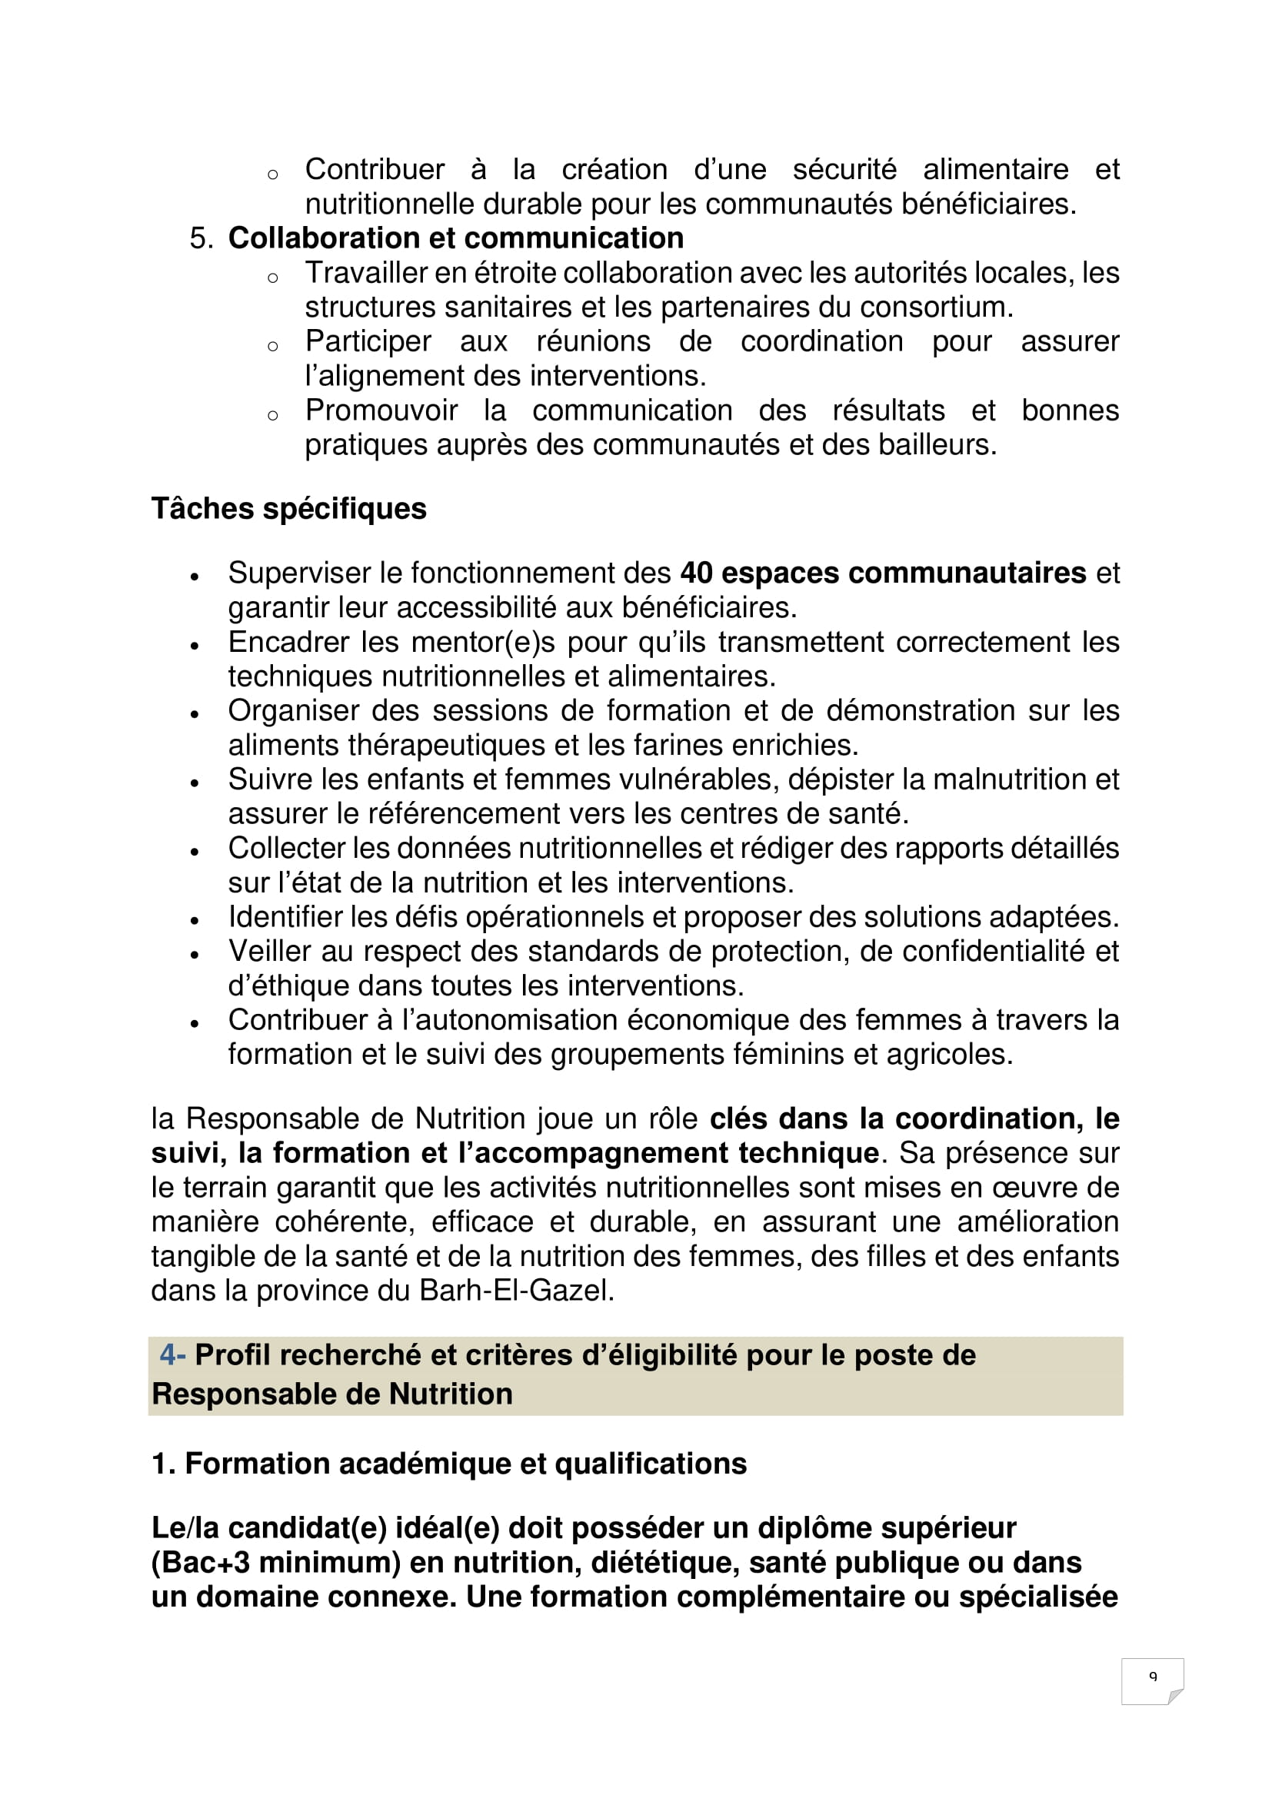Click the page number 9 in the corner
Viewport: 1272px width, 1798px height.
pyautogui.click(x=1152, y=1676)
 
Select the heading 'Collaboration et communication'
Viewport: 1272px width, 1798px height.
pyautogui.click(x=455, y=238)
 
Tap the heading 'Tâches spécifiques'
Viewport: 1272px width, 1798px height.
pyautogui.click(x=288, y=509)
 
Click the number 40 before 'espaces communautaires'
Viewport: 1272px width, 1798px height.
pyautogui.click(x=695, y=573)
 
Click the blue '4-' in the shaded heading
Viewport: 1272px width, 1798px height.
pyautogui.click(x=172, y=1354)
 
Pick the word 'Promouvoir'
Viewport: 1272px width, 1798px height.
pyautogui.click(x=381, y=410)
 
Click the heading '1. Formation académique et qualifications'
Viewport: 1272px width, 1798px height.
pyautogui.click(x=449, y=1464)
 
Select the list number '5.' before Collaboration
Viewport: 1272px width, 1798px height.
pyautogui.click(x=201, y=238)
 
